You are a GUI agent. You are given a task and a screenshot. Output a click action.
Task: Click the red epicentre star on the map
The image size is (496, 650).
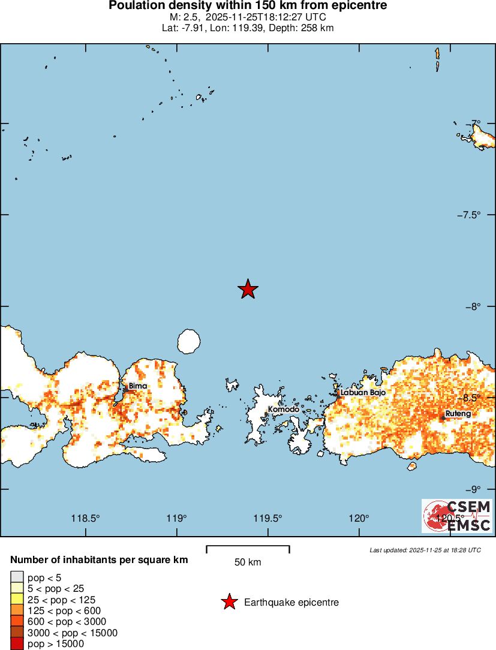point(248,289)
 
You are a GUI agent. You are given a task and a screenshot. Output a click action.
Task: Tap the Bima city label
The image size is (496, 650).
point(137,386)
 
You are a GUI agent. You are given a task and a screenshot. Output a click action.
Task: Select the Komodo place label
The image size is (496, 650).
point(283,410)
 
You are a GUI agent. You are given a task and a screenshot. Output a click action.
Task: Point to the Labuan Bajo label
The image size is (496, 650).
point(362,392)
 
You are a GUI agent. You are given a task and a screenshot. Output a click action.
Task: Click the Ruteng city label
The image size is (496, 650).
point(458,414)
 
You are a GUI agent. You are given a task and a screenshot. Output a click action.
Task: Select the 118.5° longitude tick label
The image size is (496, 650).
point(85,519)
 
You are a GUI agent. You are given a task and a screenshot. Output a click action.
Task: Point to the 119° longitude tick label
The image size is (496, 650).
point(177,519)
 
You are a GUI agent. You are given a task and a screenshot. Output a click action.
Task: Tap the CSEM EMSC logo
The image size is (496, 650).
point(457,516)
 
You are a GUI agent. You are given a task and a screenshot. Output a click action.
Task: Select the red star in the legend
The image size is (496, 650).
point(229,602)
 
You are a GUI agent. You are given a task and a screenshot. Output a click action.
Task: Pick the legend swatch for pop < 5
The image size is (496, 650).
point(17,577)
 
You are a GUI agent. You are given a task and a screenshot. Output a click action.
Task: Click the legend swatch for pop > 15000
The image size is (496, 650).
point(17,644)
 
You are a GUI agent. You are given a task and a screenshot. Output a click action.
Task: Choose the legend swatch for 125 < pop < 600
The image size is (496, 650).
point(17,611)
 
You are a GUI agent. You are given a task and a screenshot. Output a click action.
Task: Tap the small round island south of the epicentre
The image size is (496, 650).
point(188,342)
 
